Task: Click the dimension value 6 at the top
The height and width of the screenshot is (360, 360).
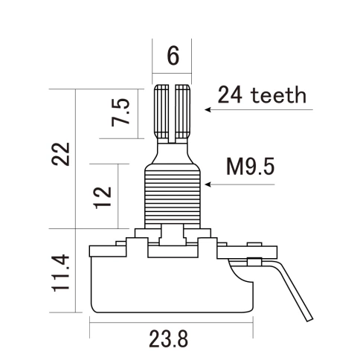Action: point(173,57)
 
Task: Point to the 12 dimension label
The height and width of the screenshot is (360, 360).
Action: point(103,196)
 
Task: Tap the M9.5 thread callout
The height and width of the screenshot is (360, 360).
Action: point(250,166)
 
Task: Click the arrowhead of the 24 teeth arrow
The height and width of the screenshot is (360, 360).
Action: point(208,109)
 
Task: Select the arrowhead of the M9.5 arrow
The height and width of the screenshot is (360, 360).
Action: point(208,183)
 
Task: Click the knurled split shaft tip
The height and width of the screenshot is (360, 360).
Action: point(173,112)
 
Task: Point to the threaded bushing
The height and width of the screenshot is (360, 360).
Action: point(173,195)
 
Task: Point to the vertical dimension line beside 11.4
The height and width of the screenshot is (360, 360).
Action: point(77,274)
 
